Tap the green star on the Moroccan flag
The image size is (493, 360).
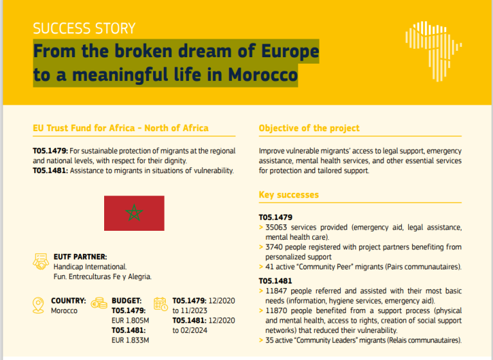[134, 213]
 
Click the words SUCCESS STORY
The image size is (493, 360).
[84, 28]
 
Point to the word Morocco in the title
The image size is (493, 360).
[262, 75]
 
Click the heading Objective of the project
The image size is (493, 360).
[309, 128]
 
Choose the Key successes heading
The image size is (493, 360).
[289, 194]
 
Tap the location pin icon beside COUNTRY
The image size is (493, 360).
[39, 303]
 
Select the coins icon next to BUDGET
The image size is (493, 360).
[99, 302]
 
